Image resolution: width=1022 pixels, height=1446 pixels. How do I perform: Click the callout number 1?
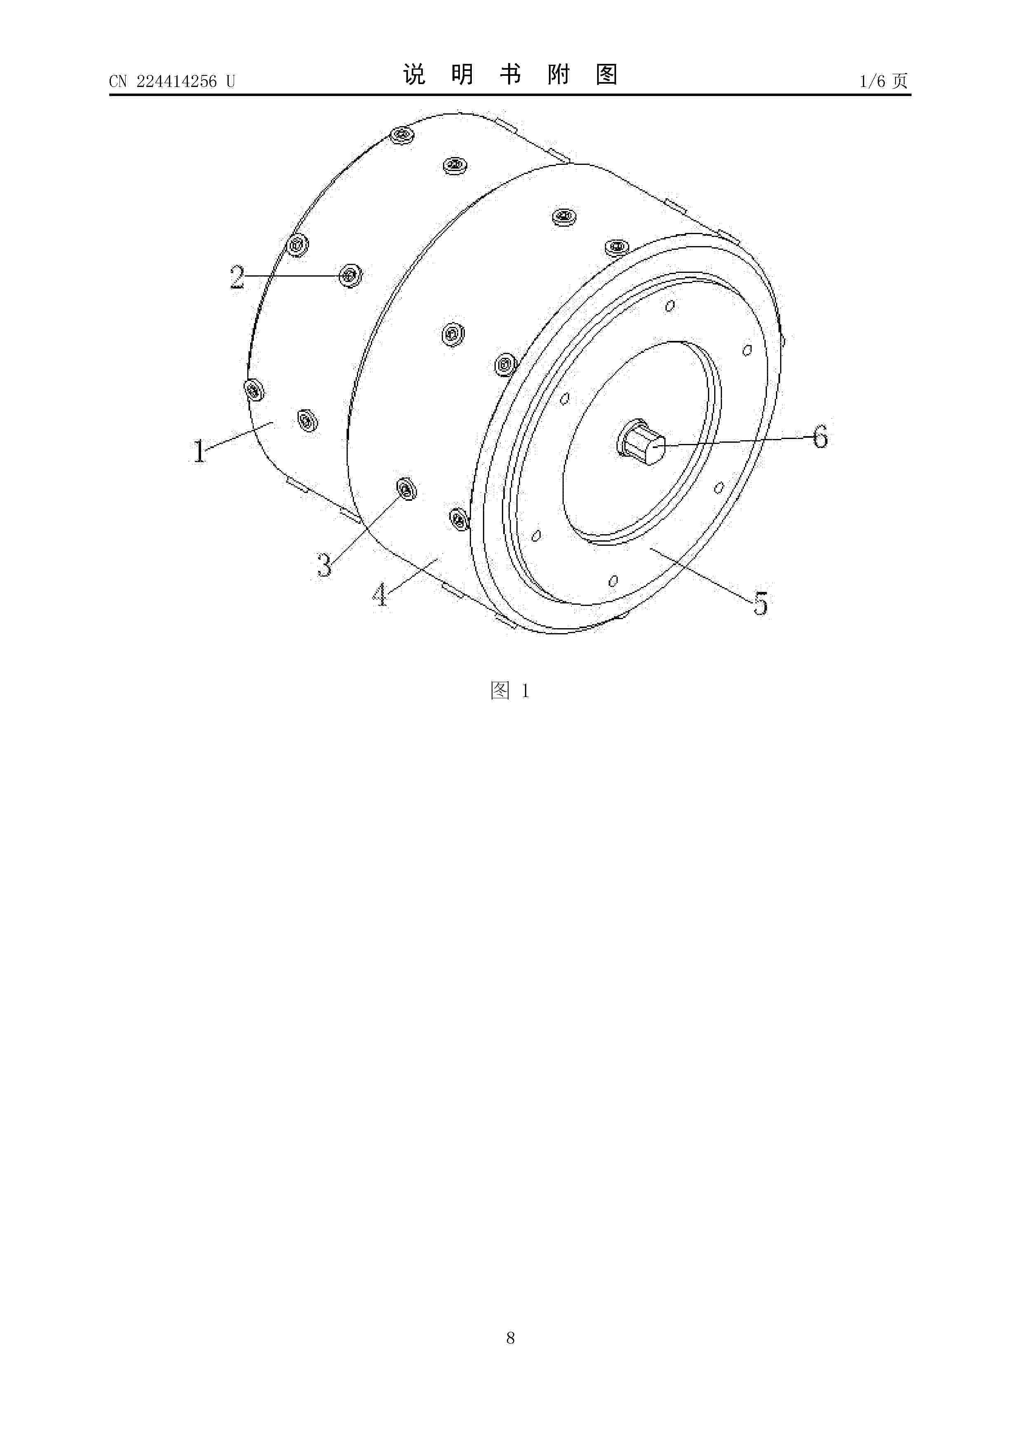[x=199, y=451]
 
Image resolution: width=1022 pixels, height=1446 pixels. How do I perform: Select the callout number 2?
[x=237, y=277]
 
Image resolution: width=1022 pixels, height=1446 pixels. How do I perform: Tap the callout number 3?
[x=323, y=565]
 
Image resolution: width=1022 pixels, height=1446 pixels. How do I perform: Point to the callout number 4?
[x=380, y=594]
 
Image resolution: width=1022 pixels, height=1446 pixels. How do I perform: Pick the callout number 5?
[x=761, y=603]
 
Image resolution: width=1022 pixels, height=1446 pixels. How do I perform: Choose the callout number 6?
[x=820, y=437]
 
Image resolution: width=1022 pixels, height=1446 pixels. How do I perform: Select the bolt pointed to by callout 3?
[x=406, y=489]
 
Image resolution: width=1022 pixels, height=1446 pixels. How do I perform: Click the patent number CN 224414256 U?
[x=172, y=81]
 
